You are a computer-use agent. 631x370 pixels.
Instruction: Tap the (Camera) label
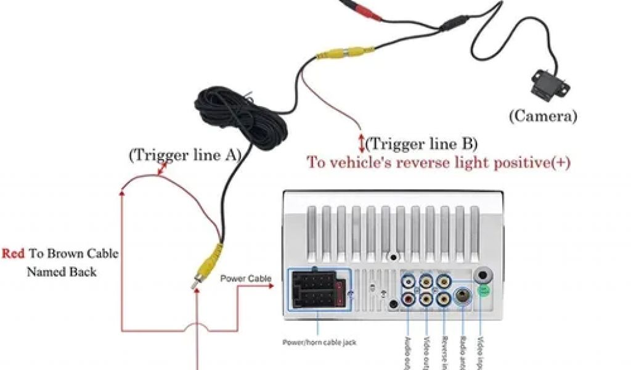(x=543, y=115)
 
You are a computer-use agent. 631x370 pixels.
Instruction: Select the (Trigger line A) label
(x=184, y=155)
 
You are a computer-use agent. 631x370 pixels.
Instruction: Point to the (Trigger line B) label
(x=421, y=144)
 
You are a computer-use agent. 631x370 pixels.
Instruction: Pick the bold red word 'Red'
(x=13, y=253)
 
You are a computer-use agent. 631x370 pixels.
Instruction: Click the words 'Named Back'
(x=62, y=271)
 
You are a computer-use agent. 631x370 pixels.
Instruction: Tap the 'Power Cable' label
(x=246, y=279)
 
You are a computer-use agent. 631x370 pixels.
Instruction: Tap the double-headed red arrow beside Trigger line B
(x=362, y=142)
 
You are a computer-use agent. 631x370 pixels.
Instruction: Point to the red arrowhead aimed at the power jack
(x=269, y=286)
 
